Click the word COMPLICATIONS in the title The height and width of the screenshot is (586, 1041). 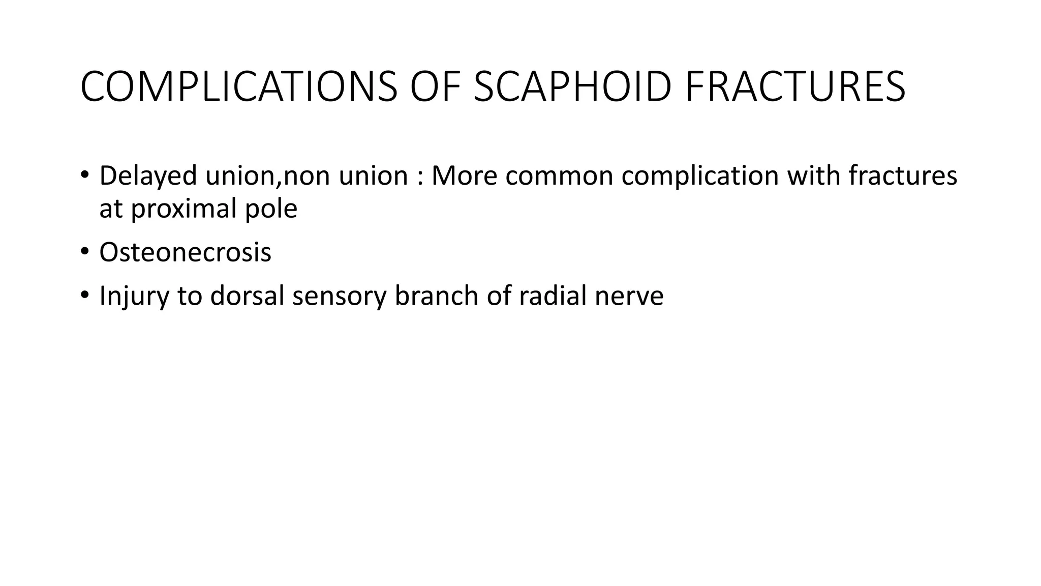239,87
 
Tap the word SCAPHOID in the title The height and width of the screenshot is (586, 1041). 573,87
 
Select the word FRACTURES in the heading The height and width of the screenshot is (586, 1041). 795,87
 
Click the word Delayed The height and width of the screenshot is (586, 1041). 148,176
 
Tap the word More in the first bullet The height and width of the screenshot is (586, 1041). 464,176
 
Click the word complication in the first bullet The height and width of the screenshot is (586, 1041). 700,176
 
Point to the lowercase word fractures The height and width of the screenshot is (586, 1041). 903,176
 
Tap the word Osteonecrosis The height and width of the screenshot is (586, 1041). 185,252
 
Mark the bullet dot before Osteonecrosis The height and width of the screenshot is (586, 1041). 84,251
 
